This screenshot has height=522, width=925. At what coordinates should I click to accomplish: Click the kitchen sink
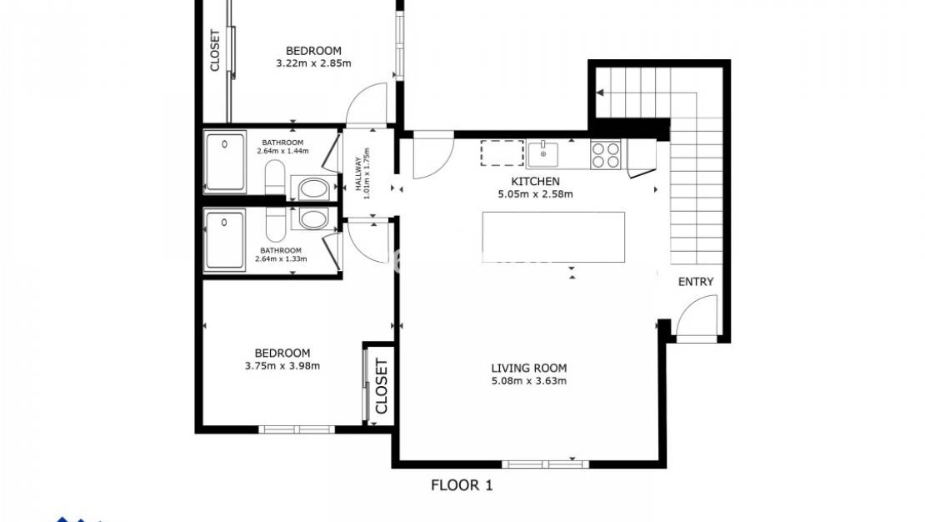pos(543,153)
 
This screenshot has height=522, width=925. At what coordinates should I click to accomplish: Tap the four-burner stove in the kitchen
pos(605,154)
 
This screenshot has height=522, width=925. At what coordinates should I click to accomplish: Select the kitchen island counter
pos(553,237)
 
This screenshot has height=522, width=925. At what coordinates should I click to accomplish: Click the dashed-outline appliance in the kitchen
pos(502,153)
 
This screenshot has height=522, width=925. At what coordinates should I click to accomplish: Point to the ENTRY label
pos(695,282)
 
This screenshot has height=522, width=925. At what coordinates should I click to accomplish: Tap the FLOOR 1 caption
pos(462,485)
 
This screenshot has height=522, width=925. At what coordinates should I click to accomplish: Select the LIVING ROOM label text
pos(528,368)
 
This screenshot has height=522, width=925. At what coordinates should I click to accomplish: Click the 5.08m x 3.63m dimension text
pos(528,382)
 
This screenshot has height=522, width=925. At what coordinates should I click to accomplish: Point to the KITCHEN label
pos(534,181)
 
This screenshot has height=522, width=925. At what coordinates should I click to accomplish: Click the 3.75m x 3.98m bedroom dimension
pos(282,366)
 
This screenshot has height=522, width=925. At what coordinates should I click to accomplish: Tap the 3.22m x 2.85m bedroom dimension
pos(313,63)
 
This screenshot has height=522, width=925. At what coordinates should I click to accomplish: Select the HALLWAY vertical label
pos(361,175)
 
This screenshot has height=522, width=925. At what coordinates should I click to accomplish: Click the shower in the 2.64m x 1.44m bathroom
pos(225,163)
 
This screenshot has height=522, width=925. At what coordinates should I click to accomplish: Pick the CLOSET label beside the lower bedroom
pos(381,386)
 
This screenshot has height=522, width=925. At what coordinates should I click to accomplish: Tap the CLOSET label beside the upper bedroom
pos(215,51)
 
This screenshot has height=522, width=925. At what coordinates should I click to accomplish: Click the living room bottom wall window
pos(545,464)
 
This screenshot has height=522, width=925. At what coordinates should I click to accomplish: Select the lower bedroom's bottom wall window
pos(296,429)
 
